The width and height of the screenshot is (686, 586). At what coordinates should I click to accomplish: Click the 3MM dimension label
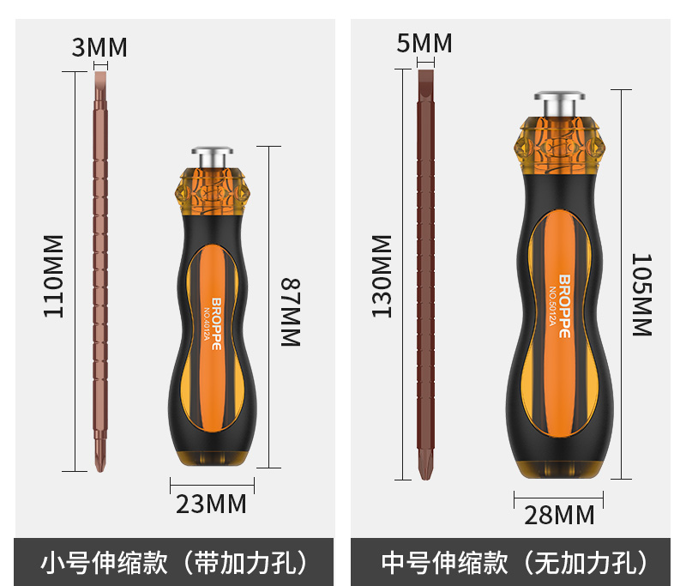tap(99, 48)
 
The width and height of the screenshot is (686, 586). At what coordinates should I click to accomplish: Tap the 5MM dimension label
tap(424, 43)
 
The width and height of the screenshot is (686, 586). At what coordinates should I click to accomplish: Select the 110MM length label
tap(54, 275)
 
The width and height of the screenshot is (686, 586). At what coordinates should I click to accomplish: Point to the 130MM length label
tap(382, 275)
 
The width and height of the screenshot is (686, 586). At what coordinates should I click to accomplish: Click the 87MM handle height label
tap(291, 311)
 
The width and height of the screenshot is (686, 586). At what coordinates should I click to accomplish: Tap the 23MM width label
tap(211, 504)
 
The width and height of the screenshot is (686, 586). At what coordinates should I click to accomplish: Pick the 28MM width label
tap(559, 515)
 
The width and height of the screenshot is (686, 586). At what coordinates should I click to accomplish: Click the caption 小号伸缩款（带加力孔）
tap(174, 563)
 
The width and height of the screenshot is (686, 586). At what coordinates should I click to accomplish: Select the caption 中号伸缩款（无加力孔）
tap(514, 563)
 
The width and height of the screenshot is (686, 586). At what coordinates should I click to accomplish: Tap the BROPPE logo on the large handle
tap(563, 305)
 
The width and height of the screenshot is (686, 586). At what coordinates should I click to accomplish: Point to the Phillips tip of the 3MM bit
tap(100, 459)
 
